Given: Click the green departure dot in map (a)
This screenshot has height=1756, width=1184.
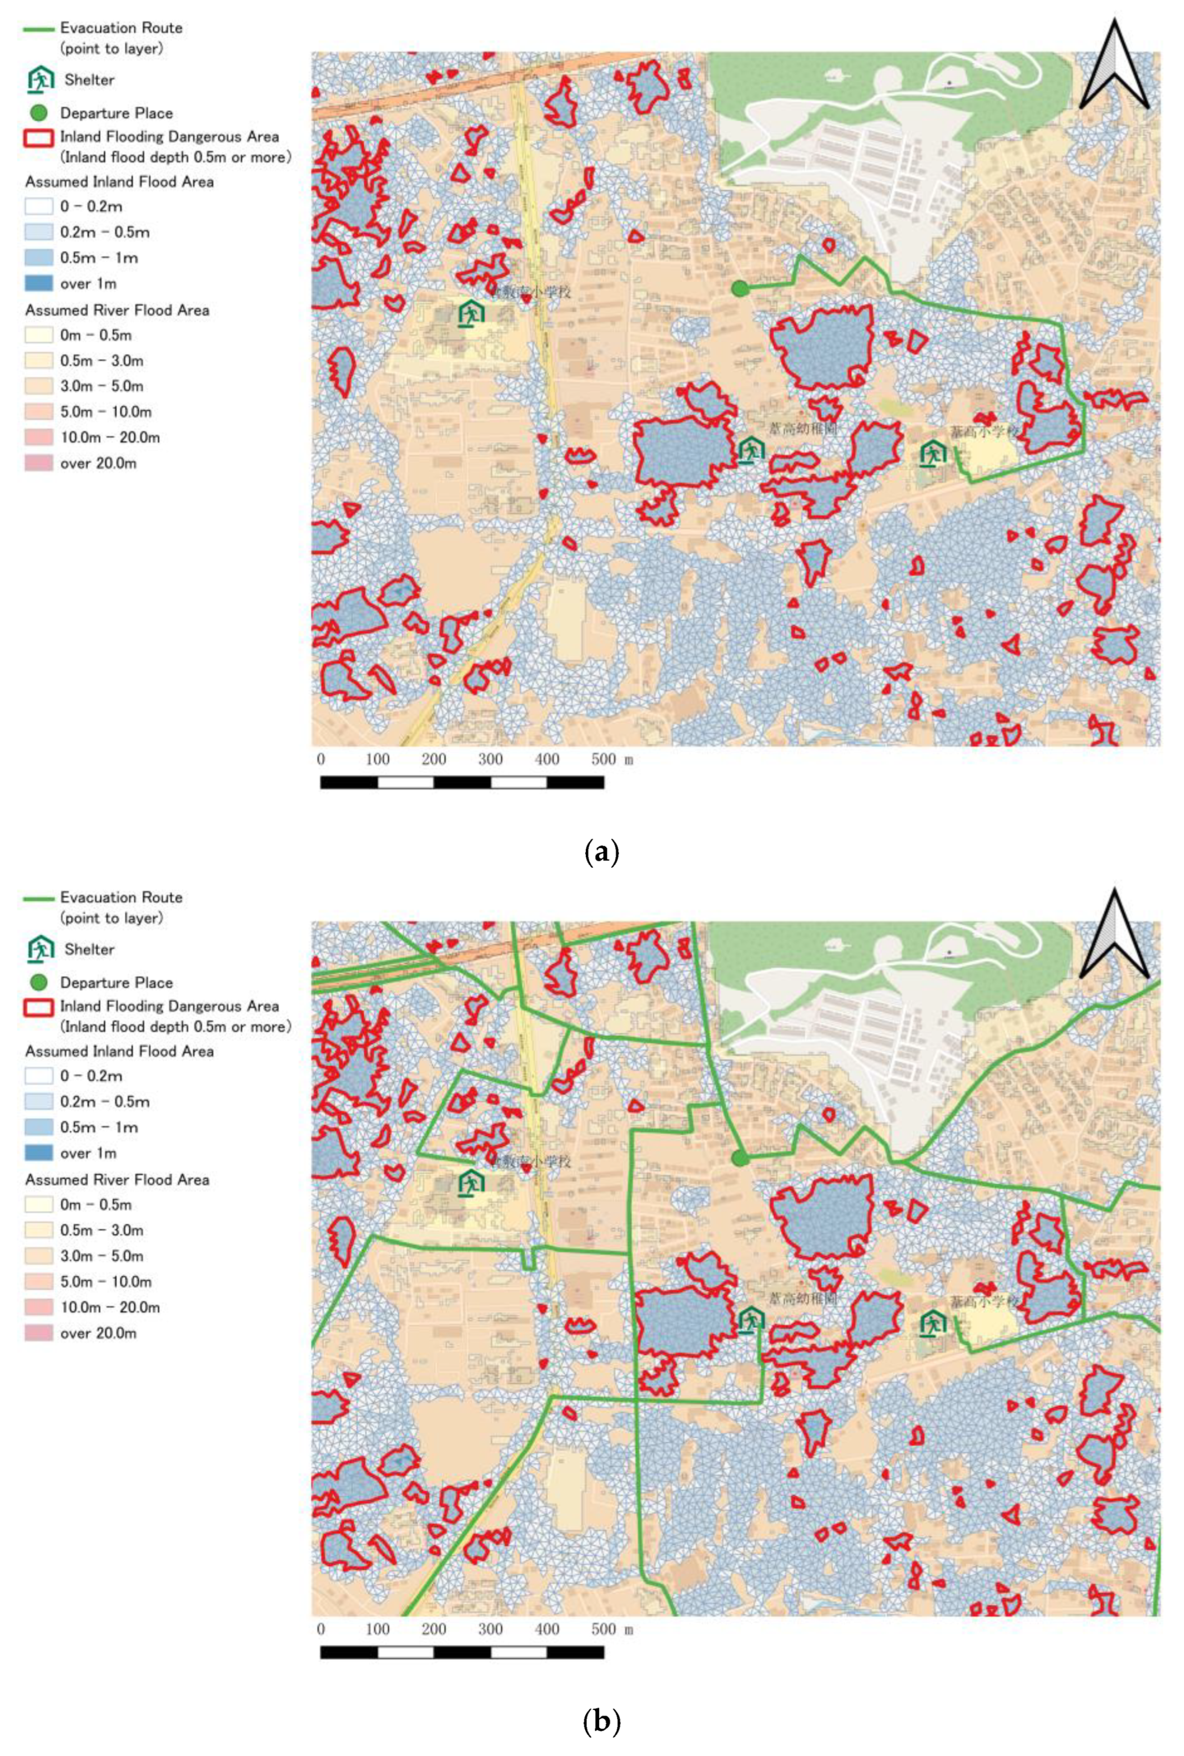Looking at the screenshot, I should (x=740, y=288).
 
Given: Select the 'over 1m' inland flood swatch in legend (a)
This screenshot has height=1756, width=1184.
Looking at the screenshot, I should (x=39, y=283).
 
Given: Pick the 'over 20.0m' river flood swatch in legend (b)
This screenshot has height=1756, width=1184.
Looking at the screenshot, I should (x=39, y=1333).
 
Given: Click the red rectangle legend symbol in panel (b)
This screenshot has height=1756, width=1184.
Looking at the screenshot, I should (x=39, y=1007).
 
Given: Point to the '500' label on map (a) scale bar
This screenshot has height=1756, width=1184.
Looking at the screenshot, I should (x=603, y=759).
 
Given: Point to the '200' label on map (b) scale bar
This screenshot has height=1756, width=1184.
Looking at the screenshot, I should (x=433, y=1629).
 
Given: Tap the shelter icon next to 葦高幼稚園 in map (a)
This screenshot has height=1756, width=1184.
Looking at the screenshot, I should (x=751, y=450).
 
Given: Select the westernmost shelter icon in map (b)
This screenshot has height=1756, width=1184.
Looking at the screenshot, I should (x=471, y=1183).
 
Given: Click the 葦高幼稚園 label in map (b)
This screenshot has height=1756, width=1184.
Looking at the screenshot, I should (x=803, y=1298).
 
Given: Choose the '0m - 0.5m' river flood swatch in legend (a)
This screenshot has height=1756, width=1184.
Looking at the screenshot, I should (x=39, y=335).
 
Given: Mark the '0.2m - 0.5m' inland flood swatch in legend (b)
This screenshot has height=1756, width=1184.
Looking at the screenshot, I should (x=39, y=1102).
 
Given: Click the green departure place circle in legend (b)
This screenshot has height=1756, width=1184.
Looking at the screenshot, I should (x=40, y=982).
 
